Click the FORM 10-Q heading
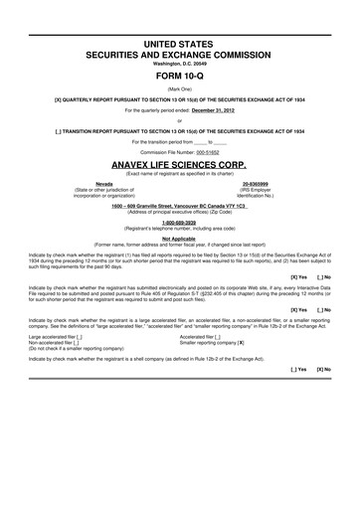179,75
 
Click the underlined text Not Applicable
179,238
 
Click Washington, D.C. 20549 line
179,62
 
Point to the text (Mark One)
179,88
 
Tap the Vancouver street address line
179,205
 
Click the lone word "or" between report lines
179,120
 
